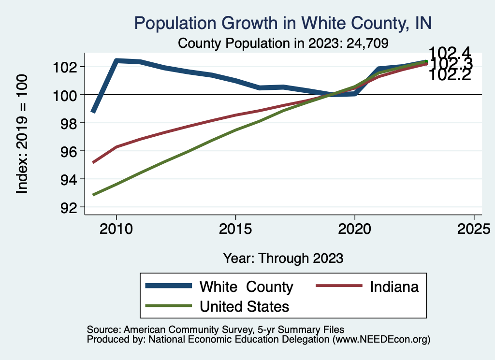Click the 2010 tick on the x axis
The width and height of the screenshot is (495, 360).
click(x=116, y=228)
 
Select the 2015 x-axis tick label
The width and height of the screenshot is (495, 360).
click(x=235, y=228)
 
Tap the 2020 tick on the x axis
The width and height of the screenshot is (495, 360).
click(x=355, y=228)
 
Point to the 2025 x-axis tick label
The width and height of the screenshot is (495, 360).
click(x=474, y=228)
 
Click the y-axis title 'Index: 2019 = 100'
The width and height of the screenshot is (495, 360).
click(x=22, y=134)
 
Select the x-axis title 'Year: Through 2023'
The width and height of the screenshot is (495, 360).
click(x=283, y=258)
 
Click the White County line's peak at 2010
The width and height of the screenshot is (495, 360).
click(x=116, y=60)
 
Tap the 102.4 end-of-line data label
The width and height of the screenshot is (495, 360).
click(x=450, y=52)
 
